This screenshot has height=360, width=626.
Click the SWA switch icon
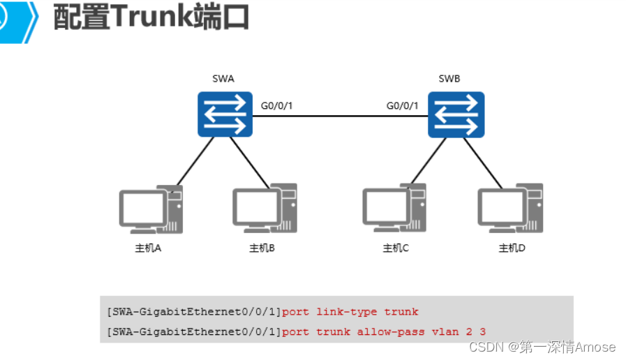223,114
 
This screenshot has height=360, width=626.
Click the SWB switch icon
456,114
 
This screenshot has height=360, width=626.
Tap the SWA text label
223,79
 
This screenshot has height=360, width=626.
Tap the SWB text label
449,79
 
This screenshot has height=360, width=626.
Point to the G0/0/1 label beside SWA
277,106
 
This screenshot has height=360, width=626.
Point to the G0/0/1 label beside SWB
403,106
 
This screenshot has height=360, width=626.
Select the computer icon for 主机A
151,209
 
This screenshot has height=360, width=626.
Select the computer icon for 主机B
264,209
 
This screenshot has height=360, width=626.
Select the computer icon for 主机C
394,209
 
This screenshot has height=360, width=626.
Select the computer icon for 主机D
510,209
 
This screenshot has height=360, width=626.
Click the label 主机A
148,248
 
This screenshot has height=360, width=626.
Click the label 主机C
396,248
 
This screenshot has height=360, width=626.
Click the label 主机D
512,248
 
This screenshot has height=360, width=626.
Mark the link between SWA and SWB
340,116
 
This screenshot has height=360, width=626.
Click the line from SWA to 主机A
192,162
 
